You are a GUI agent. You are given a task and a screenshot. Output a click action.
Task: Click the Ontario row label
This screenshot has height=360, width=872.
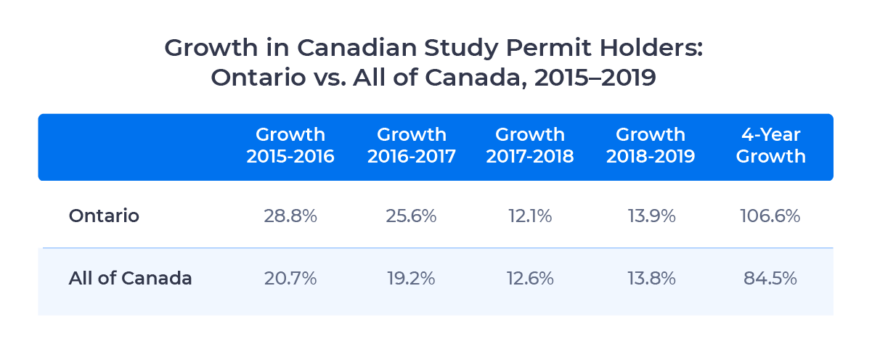tap(104, 216)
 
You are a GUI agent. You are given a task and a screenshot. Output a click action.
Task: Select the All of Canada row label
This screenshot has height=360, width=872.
tap(131, 278)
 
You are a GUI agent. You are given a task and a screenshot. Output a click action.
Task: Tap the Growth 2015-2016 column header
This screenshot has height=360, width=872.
tap(290, 146)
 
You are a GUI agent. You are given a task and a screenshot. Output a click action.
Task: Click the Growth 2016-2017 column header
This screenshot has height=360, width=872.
tap(412, 146)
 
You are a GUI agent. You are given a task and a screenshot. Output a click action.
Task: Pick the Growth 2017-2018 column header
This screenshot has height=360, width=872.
tap(530, 146)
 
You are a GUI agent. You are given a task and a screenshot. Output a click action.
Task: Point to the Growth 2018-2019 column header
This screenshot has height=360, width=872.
tap(651, 146)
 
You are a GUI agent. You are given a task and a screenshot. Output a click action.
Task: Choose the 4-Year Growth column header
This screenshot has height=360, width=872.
tap(770, 146)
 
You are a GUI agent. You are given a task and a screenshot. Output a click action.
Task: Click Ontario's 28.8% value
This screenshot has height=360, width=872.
tap(290, 216)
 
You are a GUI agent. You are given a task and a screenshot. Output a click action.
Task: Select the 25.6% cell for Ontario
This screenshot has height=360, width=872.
tap(412, 216)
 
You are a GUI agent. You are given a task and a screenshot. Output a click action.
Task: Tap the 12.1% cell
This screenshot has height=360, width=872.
tap(530, 216)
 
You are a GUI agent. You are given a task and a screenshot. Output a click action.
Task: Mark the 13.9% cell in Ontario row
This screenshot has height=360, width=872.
tap(651, 216)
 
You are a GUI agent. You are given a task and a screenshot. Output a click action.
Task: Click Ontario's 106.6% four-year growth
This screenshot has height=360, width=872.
tap(770, 216)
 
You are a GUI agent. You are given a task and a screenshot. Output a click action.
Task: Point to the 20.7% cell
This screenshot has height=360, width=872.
tap(290, 278)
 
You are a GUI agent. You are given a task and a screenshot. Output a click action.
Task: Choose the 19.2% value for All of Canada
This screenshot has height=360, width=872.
tap(412, 278)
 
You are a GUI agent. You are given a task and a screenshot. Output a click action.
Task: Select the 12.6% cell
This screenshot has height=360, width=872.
tap(530, 278)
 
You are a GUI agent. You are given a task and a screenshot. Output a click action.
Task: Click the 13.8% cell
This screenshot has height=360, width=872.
tap(651, 278)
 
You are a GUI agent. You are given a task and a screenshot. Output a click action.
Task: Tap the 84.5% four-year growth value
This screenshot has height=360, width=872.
tap(770, 278)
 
